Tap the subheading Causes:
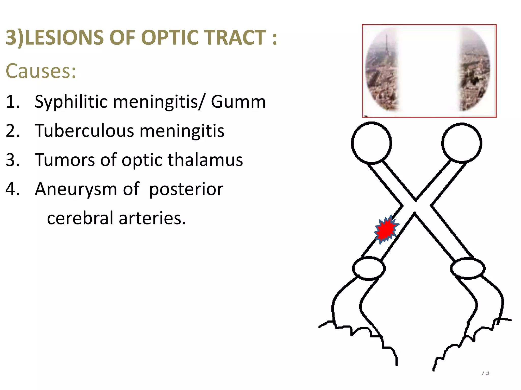pyautogui.click(x=41, y=71)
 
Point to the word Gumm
pyautogui.click(x=238, y=102)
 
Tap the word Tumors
pyautogui.click(x=65, y=160)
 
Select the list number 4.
pyautogui.click(x=12, y=189)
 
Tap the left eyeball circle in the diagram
pyautogui.click(x=371, y=143)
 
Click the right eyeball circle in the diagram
pyautogui.click(x=461, y=143)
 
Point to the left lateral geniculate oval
pyautogui.click(x=369, y=268)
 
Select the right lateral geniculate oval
pyautogui.click(x=468, y=268)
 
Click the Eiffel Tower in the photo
pyautogui.click(x=386, y=48)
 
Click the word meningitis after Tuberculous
pyautogui.click(x=182, y=131)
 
